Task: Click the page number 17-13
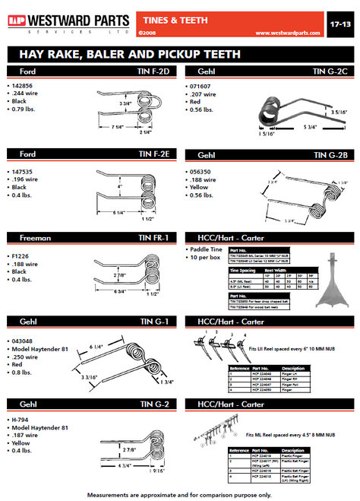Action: coord(340,24)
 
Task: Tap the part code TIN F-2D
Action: coord(155,71)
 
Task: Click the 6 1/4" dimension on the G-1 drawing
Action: coord(97,347)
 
